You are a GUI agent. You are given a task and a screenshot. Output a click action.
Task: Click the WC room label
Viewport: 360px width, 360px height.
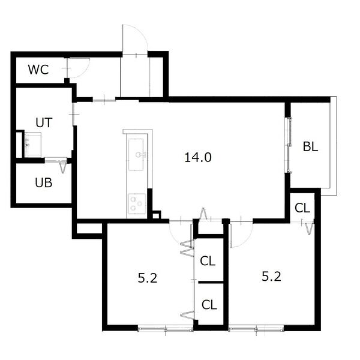pos(38,70)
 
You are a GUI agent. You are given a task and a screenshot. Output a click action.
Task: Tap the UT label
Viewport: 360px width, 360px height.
pos(44,122)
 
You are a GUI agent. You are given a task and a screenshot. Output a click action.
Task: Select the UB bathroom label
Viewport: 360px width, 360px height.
pos(44,183)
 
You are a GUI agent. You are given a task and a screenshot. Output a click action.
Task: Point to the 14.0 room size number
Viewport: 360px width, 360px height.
pos(198,157)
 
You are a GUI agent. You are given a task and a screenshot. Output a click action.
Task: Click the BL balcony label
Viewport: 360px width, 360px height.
pos(310,146)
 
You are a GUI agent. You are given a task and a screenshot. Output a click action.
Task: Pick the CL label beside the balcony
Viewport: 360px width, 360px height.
pos(302,208)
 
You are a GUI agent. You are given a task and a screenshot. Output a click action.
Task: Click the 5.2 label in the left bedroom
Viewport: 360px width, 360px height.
pos(148,278)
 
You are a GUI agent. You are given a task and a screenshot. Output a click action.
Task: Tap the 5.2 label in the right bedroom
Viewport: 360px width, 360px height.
pos(271,277)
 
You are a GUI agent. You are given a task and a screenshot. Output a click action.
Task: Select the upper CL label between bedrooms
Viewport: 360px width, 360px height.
pos(208,261)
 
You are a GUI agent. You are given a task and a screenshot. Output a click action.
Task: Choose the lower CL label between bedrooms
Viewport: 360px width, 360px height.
pos(209,305)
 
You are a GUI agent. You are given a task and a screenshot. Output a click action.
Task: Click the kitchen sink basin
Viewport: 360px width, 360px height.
pos(136,155)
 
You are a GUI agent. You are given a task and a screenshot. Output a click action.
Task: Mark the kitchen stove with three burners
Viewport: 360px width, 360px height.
pos(137,203)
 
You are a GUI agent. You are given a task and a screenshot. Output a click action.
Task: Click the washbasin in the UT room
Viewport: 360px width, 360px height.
pos(33,145)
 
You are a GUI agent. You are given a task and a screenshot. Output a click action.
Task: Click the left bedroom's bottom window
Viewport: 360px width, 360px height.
pos(166,329)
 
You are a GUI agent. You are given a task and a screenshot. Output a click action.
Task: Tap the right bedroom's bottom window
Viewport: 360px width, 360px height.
pos(256,329)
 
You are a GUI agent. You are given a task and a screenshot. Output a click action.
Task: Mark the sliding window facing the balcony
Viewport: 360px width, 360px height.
pos(288,145)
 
